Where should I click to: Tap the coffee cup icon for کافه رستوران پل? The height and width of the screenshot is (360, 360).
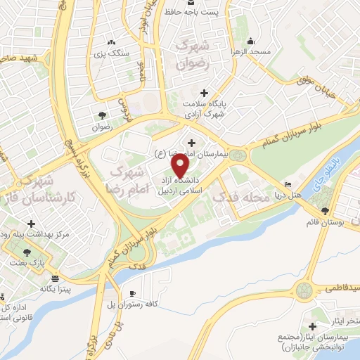pyautogui.click(x=132, y=293)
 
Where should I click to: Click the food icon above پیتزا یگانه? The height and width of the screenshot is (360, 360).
pyautogui.click(x=55, y=278)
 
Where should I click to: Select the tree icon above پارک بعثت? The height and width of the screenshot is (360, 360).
pyautogui.click(x=27, y=251)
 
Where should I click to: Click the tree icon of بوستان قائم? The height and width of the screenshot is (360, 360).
pyautogui.click(x=325, y=210)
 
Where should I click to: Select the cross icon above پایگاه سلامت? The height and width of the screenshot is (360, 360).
pyautogui.click(x=204, y=93)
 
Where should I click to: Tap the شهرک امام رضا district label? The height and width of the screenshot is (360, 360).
pyautogui.click(x=131, y=180)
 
